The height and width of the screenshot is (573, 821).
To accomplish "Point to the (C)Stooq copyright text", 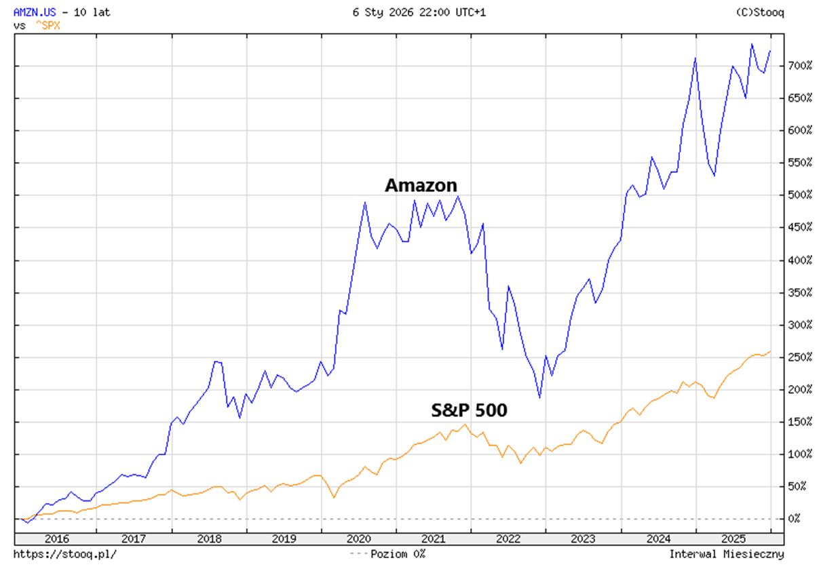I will coord(759,12).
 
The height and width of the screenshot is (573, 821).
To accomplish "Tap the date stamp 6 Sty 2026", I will coord(381,12).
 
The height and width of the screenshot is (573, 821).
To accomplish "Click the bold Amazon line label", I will coord(421,185).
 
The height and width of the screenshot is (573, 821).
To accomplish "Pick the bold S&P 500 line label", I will coord(469,410).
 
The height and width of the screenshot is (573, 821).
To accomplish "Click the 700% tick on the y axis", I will coord(799,66).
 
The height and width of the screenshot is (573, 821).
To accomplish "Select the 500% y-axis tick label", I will coord(799,195).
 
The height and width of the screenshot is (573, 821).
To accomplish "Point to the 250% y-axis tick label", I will coord(799,357).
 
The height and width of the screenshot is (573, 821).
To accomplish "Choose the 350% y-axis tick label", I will coord(799,293).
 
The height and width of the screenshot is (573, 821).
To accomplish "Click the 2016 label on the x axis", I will coord(58,539).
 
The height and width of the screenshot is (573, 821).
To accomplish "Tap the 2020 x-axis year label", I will coord(359,539).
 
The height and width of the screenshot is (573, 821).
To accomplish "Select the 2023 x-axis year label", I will coord(584,539).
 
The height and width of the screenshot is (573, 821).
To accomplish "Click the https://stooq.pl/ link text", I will coord(64,554).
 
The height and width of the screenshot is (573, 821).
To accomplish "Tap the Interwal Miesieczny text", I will coord(727,554).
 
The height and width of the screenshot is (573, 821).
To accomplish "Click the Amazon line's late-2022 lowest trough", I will coord(539,397).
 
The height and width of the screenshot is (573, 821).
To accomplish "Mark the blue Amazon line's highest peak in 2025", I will coord(752,44).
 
